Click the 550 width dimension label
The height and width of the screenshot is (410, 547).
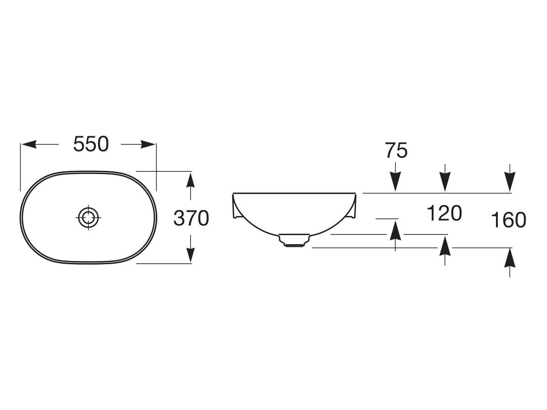click(x=91, y=144)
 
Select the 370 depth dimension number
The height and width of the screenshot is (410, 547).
click(x=191, y=218)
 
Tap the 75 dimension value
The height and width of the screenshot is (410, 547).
click(x=396, y=150)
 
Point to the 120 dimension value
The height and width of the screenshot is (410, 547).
click(x=444, y=213)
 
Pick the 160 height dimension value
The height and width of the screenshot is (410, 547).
click(x=508, y=220)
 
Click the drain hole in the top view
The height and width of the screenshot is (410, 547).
click(x=88, y=218)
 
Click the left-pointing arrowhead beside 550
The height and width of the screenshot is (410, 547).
click(x=29, y=144)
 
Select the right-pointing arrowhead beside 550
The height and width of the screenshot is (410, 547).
click(x=148, y=144)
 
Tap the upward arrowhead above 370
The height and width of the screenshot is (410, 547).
click(x=191, y=180)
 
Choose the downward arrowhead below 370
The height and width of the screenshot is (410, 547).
click(x=191, y=256)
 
